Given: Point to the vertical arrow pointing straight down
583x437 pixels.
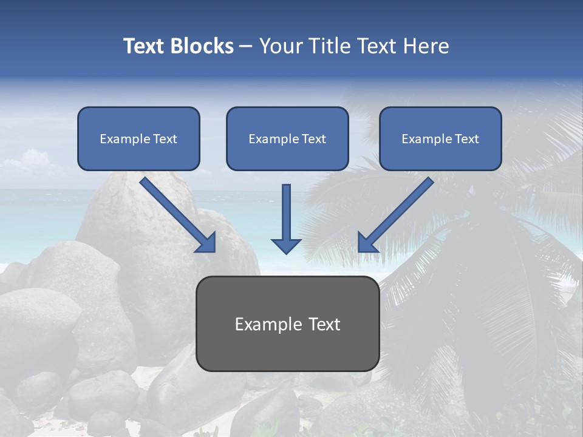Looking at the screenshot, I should click(286, 218).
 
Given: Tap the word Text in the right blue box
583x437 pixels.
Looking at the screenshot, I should click(466, 139).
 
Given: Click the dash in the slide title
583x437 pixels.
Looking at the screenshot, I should click(246, 46).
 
